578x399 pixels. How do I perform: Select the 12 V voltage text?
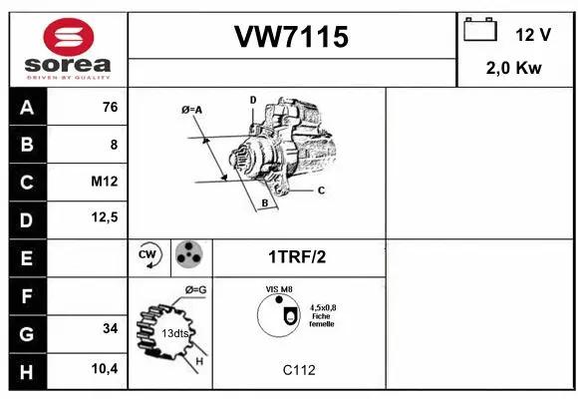pos(533,34)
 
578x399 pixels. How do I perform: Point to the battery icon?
pos(480,31)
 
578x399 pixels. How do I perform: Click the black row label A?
pos(27,108)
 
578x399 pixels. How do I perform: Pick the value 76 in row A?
pos(110,108)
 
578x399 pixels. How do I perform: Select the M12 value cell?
pos(105,183)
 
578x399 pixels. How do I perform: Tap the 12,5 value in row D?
pos(106,218)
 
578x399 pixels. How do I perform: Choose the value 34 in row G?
pos(110,329)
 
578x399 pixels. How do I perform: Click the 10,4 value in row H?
pos(105,368)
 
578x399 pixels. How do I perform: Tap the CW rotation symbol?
pos(149,255)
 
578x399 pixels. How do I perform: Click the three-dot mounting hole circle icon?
pos(188,255)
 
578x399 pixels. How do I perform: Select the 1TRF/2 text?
pos(297,256)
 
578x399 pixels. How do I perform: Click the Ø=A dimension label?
pos(191,109)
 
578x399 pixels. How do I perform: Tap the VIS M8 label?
pos(279,289)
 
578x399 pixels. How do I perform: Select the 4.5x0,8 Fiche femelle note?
pos(321,315)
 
